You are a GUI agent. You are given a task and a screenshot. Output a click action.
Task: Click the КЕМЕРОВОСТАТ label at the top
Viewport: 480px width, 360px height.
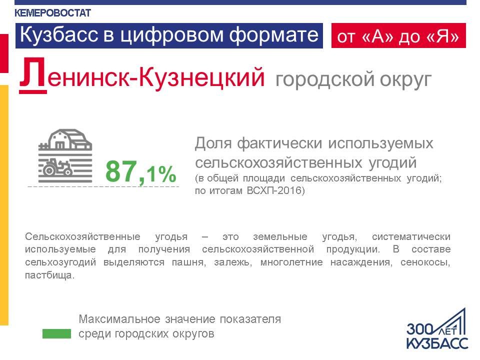tap(52, 13)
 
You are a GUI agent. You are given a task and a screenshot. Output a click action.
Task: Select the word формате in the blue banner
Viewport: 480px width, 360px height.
tap(273, 35)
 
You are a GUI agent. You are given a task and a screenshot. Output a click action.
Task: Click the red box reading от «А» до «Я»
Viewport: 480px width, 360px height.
tap(398, 35)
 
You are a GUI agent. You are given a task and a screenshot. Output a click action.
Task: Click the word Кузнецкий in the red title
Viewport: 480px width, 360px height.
tap(201, 77)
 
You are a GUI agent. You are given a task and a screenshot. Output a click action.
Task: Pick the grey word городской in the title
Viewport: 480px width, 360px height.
tap(325, 80)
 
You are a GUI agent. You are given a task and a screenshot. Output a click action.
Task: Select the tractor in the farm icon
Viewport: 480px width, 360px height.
tap(57, 167)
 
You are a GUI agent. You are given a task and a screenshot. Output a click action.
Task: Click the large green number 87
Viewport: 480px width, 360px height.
tap(121, 171)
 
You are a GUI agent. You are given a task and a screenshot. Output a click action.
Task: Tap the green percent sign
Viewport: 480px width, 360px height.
tap(167, 174)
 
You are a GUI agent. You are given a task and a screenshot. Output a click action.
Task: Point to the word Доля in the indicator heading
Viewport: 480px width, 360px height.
tap(213, 143)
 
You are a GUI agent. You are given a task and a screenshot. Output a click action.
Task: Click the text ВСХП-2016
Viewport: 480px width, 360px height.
tap(274, 190)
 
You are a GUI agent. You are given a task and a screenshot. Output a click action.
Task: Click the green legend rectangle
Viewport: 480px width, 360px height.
tap(56, 333)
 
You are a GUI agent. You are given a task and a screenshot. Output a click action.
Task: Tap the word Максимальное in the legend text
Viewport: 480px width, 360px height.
tap(119, 319)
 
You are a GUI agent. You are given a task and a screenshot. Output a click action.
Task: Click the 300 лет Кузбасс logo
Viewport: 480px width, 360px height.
tap(437, 329)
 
